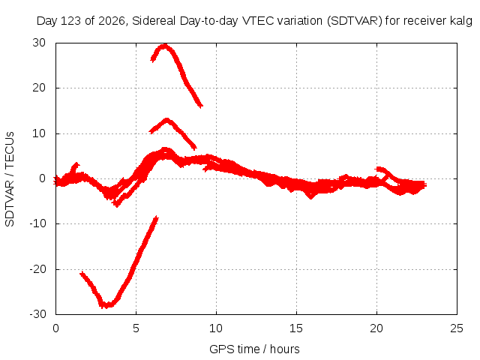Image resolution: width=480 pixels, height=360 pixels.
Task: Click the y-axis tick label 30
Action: [39, 43]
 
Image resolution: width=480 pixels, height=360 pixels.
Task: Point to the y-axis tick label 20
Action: [39, 88]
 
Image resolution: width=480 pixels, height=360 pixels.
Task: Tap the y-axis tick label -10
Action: [37, 223]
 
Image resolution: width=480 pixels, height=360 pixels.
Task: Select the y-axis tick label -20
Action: [37, 269]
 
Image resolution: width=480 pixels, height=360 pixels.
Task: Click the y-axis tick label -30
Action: [37, 314]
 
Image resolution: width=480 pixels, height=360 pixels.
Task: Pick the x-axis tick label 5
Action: [136, 328]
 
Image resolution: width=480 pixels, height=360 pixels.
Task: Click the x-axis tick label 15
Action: [296, 328]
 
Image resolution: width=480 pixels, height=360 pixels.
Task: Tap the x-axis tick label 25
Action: [457, 328]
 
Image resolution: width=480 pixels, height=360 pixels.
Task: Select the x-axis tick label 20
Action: [376, 328]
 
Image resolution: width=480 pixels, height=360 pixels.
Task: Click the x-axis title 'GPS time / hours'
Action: [254, 349]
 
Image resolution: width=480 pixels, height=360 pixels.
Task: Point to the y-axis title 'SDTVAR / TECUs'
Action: [10, 179]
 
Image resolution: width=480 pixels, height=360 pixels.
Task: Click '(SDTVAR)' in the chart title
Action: [355, 21]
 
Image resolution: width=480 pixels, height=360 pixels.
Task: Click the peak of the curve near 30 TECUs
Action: [164, 46]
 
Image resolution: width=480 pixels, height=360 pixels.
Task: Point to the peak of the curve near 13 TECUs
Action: [166, 120]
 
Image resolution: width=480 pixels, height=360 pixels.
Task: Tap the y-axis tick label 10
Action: [39, 133]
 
